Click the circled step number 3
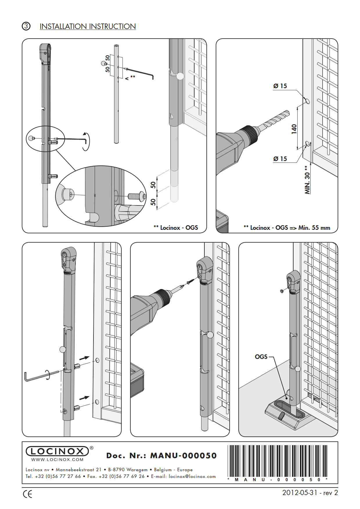point(26,26)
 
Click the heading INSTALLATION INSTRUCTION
point(88,26)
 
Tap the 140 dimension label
point(294,129)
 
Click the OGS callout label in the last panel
point(261,357)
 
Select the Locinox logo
point(57,451)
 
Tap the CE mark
point(28,494)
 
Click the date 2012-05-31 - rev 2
point(310,492)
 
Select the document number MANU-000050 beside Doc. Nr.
point(183,456)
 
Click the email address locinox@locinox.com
point(192,476)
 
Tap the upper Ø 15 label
point(280,86)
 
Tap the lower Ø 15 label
point(280,159)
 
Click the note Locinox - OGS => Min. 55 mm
point(287,228)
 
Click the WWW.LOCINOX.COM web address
point(57,460)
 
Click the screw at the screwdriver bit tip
point(190,281)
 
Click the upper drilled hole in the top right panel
point(307,101)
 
